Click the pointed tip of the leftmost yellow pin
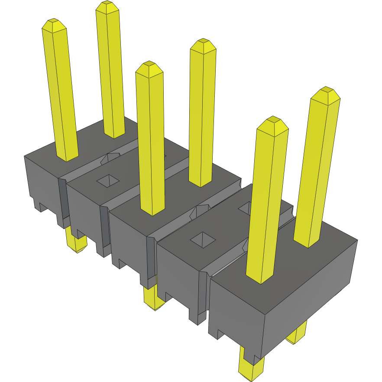[x=53, y=22]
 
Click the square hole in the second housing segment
[x=108, y=181]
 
